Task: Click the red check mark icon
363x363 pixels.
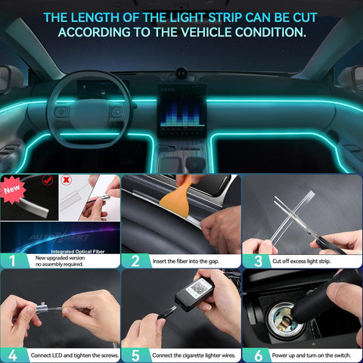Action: point(49,181)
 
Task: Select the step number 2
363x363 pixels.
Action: point(135,261)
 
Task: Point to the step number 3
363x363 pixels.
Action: point(256,261)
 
